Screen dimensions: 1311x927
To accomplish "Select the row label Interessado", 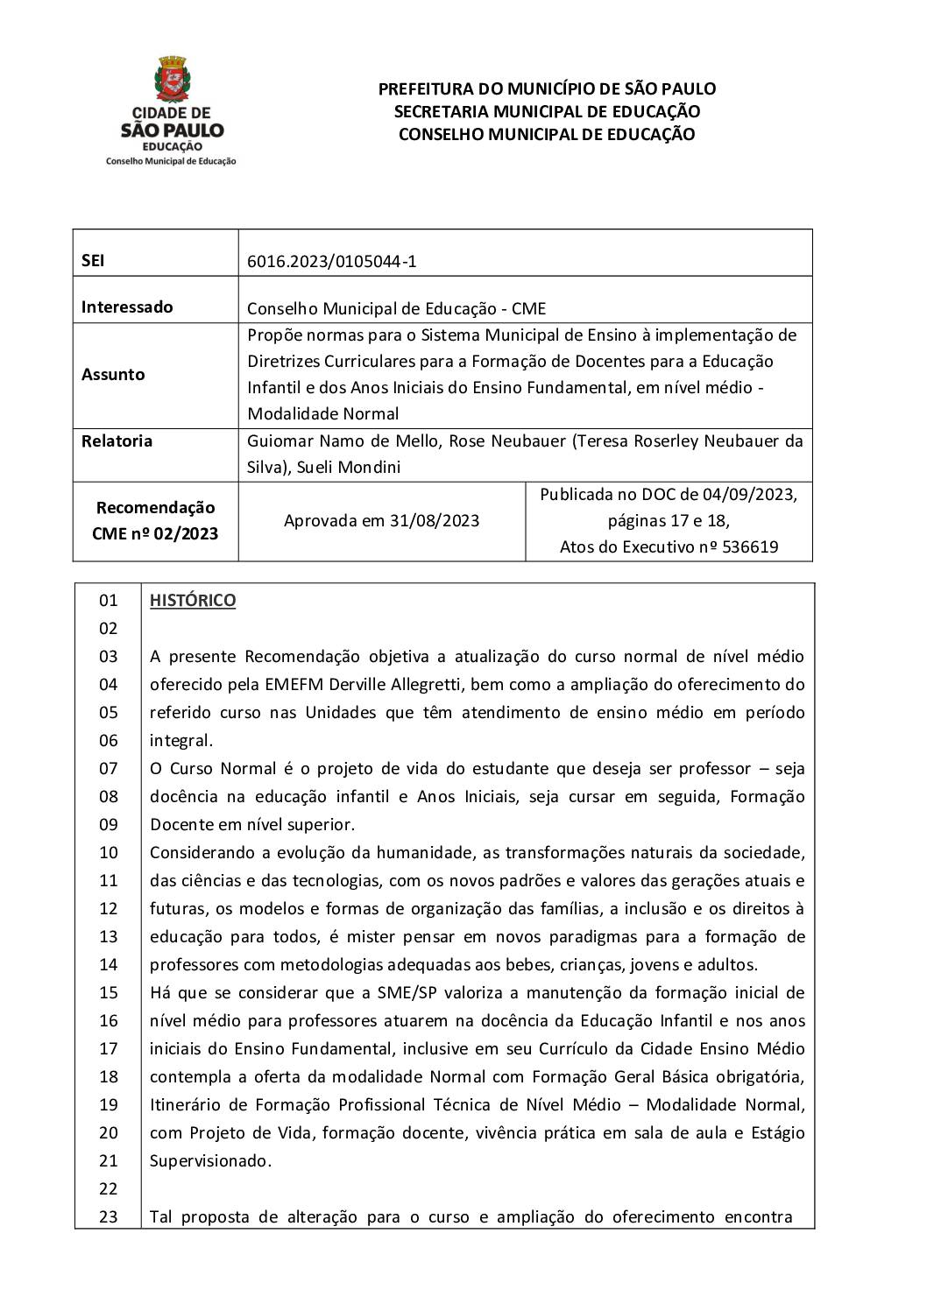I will (x=127, y=307).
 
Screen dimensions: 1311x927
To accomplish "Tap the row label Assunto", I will (x=113, y=374).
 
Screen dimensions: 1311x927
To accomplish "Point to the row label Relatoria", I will (x=117, y=441).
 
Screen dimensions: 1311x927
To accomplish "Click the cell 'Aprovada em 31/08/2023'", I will (x=381, y=521).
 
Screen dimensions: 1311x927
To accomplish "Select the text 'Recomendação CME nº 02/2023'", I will (x=155, y=521).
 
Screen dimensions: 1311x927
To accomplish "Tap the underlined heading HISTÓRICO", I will (x=193, y=601).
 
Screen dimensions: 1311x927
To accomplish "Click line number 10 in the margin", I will (x=108, y=853).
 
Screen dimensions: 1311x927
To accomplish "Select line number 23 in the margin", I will (x=108, y=1217).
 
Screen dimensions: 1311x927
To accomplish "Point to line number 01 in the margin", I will (x=108, y=601).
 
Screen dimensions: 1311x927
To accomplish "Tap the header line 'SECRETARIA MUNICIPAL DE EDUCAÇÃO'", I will (x=547, y=112).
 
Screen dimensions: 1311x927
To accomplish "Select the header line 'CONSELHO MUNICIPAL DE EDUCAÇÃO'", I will (x=547, y=135).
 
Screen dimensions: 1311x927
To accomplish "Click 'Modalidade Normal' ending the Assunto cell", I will (x=322, y=414).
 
